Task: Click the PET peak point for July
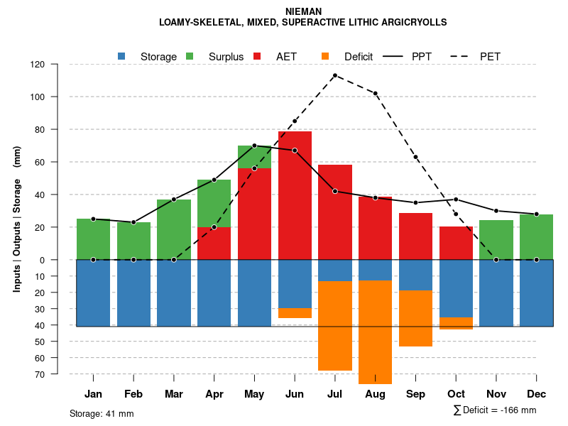pos(335,75)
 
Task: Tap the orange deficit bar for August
pos(375,332)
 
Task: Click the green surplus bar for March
pos(174,229)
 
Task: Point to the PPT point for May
pos(254,146)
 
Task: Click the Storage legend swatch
pos(122,56)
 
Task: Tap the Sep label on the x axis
pos(415,394)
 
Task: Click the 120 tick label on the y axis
pos(38,65)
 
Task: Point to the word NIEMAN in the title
pos(303,11)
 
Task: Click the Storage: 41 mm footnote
pos(102,413)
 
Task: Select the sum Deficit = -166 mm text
pos(494,410)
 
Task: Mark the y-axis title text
pos(17,219)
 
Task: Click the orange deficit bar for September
pos(415,318)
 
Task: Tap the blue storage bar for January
pos(93,293)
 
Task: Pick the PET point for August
pos(375,94)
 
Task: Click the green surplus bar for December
pos(536,236)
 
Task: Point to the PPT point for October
pos(456,200)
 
